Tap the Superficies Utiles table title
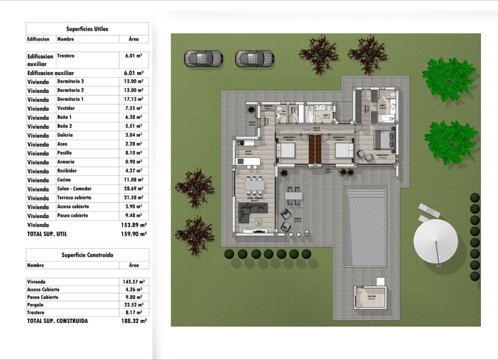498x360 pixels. (87, 28)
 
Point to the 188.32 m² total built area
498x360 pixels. (134, 321)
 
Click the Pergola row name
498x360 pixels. (36, 305)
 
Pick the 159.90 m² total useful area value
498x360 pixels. (134, 233)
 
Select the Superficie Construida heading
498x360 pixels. (87, 255)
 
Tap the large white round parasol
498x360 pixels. (436, 241)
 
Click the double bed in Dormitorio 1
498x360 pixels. (384, 141)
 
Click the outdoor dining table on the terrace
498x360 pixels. (294, 195)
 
